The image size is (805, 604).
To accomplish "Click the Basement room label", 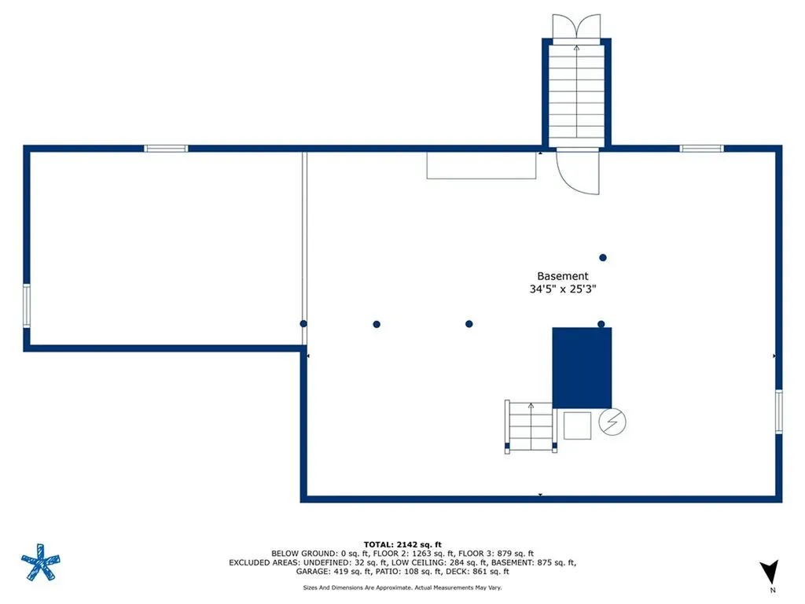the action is (x=563, y=276).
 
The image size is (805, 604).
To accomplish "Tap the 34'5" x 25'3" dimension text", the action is (x=563, y=289).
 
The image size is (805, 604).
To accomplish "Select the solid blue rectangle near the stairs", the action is (x=582, y=368).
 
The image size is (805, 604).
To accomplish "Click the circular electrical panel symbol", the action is (x=612, y=422).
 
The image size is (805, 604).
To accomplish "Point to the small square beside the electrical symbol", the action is (x=577, y=425).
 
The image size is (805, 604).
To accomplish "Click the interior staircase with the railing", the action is (x=531, y=427).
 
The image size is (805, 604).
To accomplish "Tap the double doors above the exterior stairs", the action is (x=576, y=26).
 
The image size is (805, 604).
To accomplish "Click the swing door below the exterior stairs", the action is (x=578, y=171).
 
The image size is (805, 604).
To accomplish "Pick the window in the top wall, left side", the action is (x=166, y=149).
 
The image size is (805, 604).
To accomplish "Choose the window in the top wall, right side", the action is (x=701, y=149).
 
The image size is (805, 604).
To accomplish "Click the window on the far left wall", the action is (x=27, y=306).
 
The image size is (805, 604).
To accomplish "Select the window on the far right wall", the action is (x=779, y=412).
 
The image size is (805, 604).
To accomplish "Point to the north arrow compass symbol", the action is (x=770, y=573).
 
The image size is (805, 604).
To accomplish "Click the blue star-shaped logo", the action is (x=41, y=562).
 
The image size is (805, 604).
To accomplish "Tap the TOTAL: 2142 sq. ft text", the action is (x=402, y=544).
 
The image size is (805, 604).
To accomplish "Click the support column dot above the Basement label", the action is (x=603, y=257).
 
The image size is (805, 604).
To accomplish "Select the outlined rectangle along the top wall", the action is (x=482, y=165).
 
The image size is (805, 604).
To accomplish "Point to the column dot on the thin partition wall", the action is (x=303, y=323).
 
